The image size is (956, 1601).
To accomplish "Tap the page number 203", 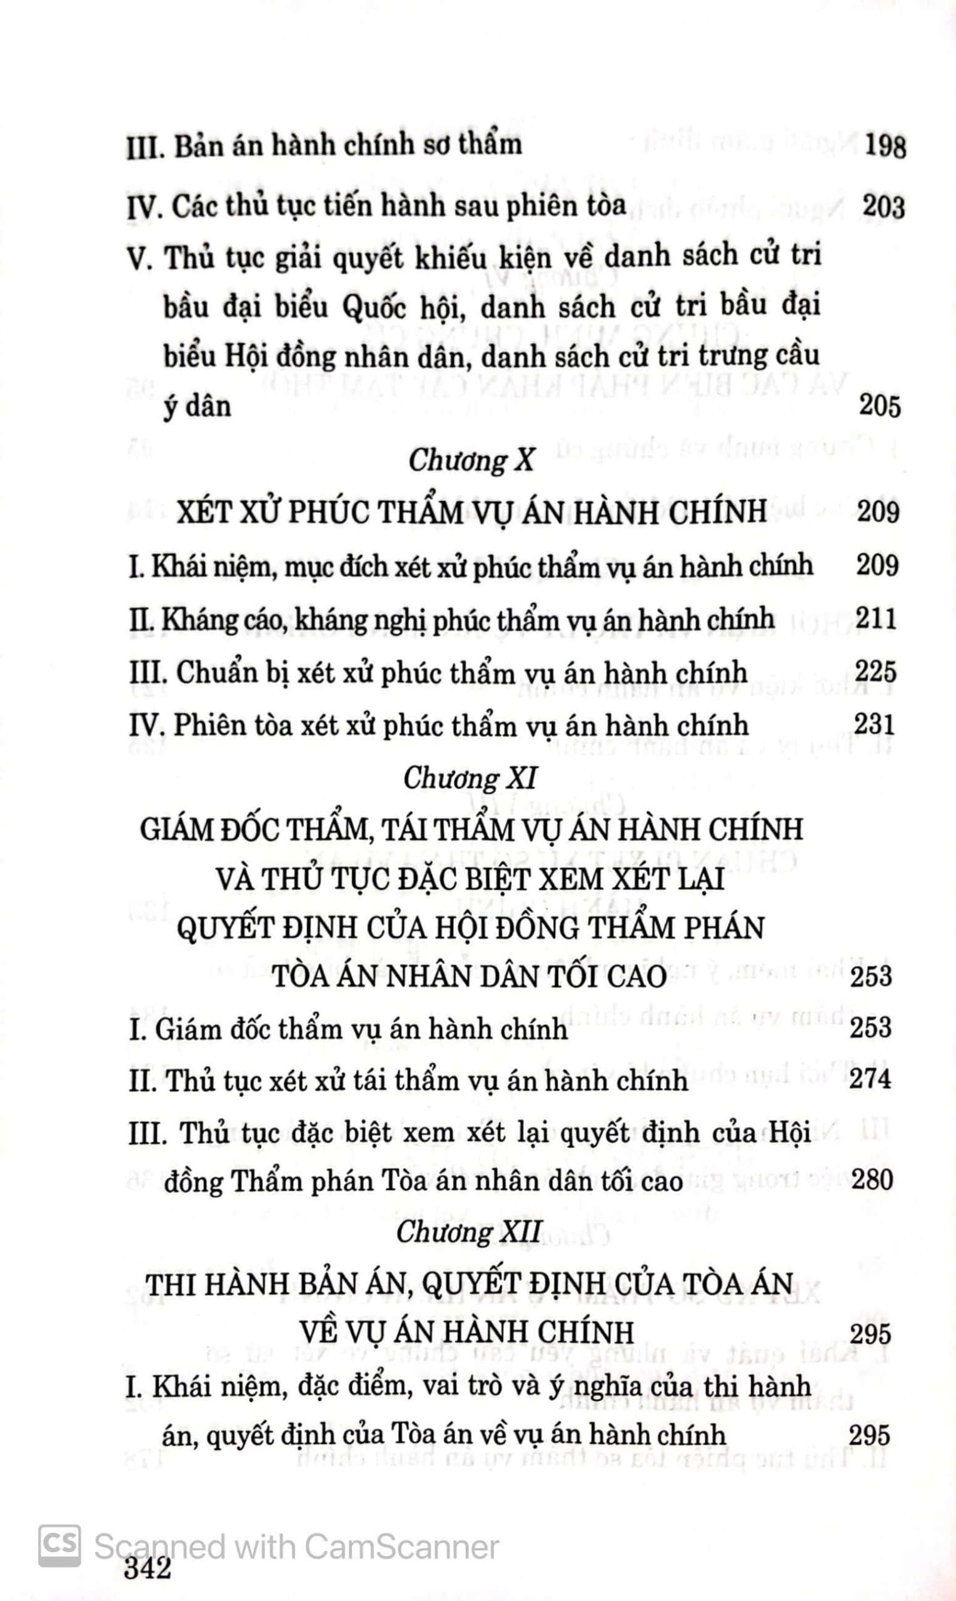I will tap(883, 208).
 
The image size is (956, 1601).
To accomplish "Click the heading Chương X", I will tap(471, 462).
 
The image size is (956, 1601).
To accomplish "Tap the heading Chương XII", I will tap(468, 1233).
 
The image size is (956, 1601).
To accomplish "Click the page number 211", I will tap(876, 619).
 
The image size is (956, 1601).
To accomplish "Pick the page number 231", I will tap(875, 725).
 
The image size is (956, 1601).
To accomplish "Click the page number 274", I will tap(870, 1079).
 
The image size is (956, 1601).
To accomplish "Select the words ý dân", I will tap(197, 407).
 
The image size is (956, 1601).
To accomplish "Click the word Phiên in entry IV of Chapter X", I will tap(210, 726).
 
